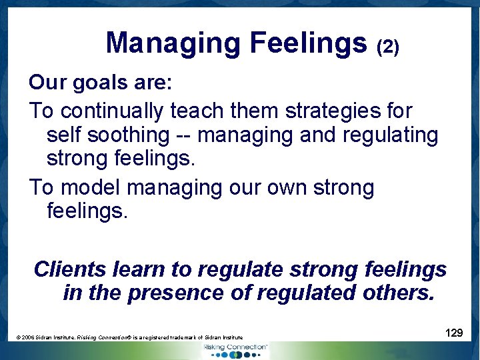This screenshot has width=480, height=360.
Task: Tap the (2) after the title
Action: tap(388, 47)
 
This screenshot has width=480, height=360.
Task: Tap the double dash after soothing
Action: tap(183, 136)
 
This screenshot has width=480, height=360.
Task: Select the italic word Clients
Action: tap(70, 269)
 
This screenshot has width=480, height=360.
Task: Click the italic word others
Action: tap(397, 293)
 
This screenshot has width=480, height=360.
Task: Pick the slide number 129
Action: tap(454, 333)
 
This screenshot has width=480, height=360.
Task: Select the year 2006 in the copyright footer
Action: tap(29, 338)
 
